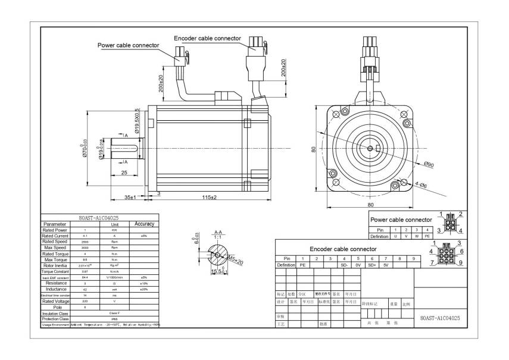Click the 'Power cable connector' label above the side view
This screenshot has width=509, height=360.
click(x=129, y=45)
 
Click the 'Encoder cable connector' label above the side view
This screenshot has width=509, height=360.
click(x=207, y=38)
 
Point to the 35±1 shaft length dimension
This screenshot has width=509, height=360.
click(x=131, y=197)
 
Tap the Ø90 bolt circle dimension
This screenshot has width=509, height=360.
click(x=429, y=165)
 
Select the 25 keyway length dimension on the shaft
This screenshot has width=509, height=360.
click(x=125, y=173)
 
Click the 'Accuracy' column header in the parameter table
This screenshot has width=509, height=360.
click(x=144, y=224)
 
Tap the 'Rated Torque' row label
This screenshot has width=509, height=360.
click(x=55, y=254)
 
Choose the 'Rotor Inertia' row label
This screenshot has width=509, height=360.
click(x=55, y=266)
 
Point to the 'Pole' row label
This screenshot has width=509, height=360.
click(x=55, y=308)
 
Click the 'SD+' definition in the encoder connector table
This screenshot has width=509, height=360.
click(x=372, y=265)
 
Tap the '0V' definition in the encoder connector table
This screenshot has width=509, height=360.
click(x=358, y=265)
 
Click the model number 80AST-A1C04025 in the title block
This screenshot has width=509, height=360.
click(x=439, y=318)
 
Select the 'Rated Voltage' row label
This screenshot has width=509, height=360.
click(x=55, y=302)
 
